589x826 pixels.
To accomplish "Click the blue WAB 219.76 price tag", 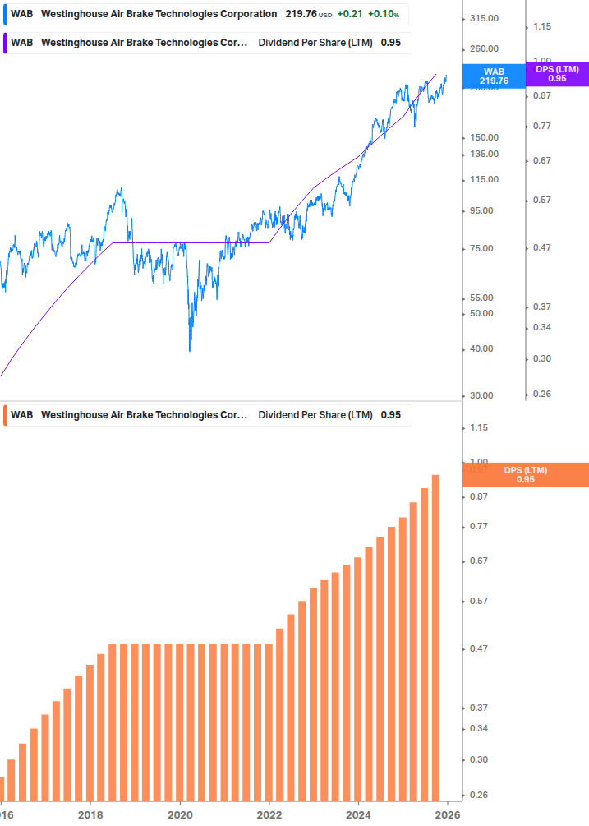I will point(495,76).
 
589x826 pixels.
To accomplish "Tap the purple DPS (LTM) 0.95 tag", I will point(557,74).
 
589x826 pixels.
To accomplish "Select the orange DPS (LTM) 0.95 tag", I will point(526,474).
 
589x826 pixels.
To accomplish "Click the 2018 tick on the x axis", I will point(90,814).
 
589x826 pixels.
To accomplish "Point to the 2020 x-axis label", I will point(180,814).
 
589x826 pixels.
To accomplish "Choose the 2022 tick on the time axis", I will point(269,814).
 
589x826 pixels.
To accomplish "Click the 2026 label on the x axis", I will point(447,814).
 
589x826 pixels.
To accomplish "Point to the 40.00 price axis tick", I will point(481,348).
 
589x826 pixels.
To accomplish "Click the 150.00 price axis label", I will point(484,137).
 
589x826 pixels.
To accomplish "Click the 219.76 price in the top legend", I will point(301,14).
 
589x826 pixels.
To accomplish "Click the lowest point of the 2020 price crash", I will point(190,350).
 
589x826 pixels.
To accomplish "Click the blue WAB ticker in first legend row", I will point(22,14).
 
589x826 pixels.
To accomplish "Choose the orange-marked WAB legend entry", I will point(22,415).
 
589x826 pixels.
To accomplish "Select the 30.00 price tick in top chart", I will point(481,395).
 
